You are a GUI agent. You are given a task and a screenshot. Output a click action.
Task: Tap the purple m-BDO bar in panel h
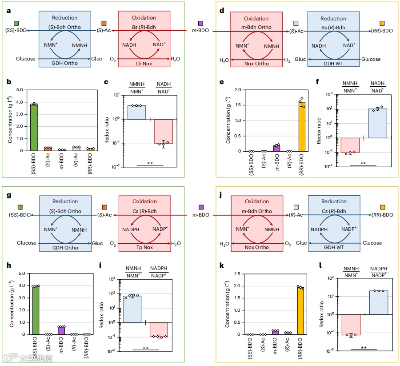pyautogui.click(x=61, y=330)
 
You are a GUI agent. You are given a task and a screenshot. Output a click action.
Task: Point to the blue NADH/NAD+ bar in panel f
pyautogui.click(x=377, y=123)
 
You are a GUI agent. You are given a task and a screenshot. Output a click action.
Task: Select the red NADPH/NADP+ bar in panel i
pyautogui.click(x=159, y=330)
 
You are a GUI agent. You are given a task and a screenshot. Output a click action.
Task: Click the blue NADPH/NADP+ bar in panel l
pyautogui.click(x=379, y=302)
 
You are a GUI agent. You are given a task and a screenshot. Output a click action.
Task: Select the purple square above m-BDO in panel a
pyautogui.click(x=200, y=23)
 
